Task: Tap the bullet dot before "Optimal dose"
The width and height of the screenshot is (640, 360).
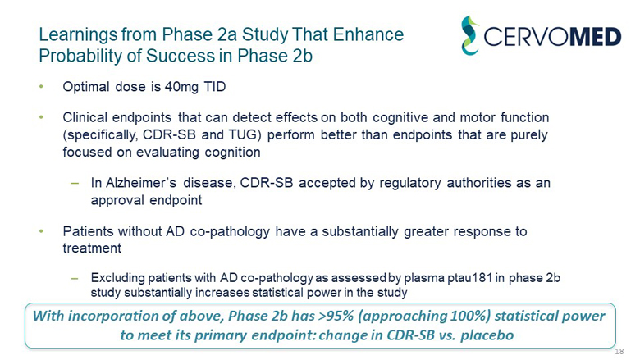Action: click(x=42, y=86)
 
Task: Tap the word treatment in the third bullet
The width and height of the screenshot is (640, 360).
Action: click(x=92, y=247)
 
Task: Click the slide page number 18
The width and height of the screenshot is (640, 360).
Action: click(x=619, y=351)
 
